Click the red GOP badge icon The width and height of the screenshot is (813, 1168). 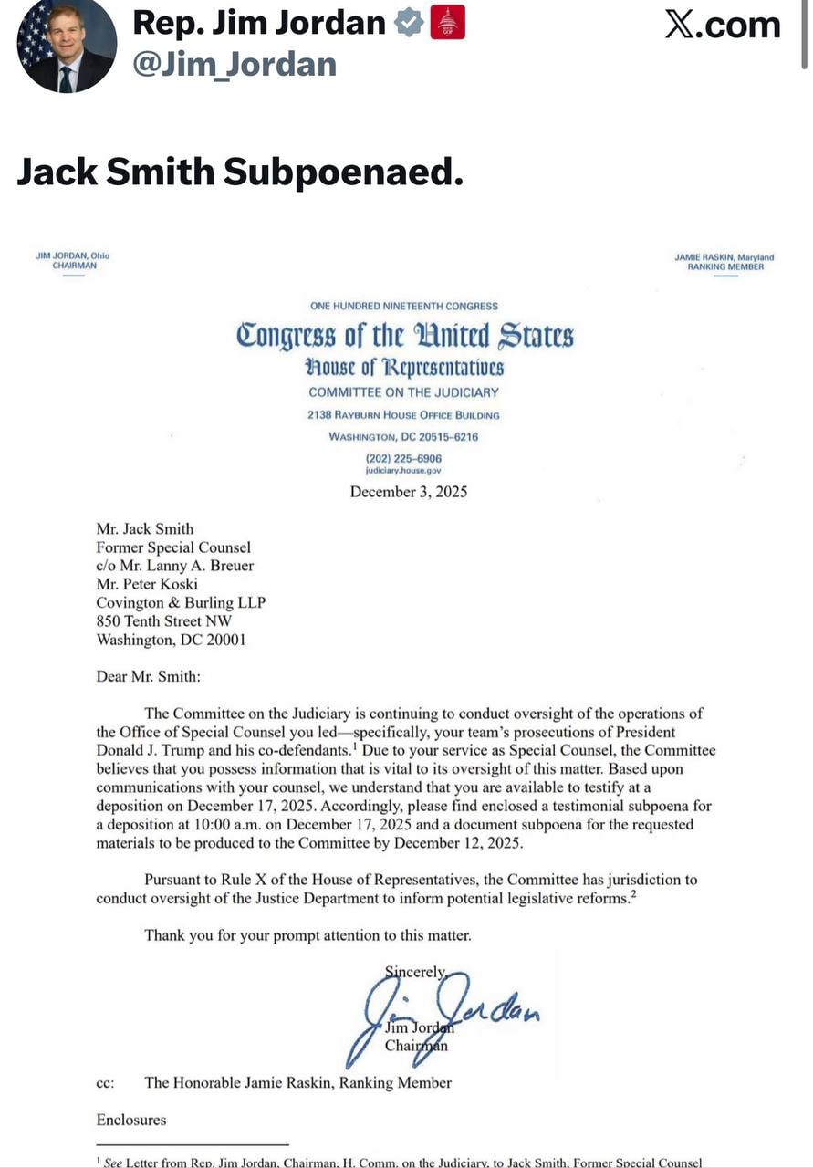coord(447,24)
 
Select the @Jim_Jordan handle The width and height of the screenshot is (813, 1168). coord(235,64)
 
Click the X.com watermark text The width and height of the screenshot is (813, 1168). coord(722,25)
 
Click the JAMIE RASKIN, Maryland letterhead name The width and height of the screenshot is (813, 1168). coord(724,257)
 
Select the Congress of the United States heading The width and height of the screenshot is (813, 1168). coord(405,335)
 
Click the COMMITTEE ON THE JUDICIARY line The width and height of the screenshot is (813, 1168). coord(403,392)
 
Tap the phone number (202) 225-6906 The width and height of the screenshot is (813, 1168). coord(403,458)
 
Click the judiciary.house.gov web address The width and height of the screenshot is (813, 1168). coord(403,471)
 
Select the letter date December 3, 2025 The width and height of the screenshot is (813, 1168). coord(409,492)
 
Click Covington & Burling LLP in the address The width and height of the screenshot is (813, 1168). coord(181,602)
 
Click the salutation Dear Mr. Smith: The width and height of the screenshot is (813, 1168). coord(148,676)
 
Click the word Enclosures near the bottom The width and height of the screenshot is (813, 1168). coord(131,1120)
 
